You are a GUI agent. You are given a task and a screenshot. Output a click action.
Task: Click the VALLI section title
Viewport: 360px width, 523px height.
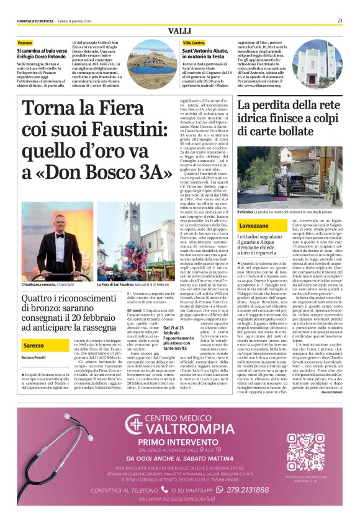pos(180,31)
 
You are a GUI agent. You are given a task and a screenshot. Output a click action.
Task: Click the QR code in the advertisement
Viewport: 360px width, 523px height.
pos(305,452)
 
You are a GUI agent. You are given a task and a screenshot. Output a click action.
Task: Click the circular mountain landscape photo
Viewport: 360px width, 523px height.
pos(150,57)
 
